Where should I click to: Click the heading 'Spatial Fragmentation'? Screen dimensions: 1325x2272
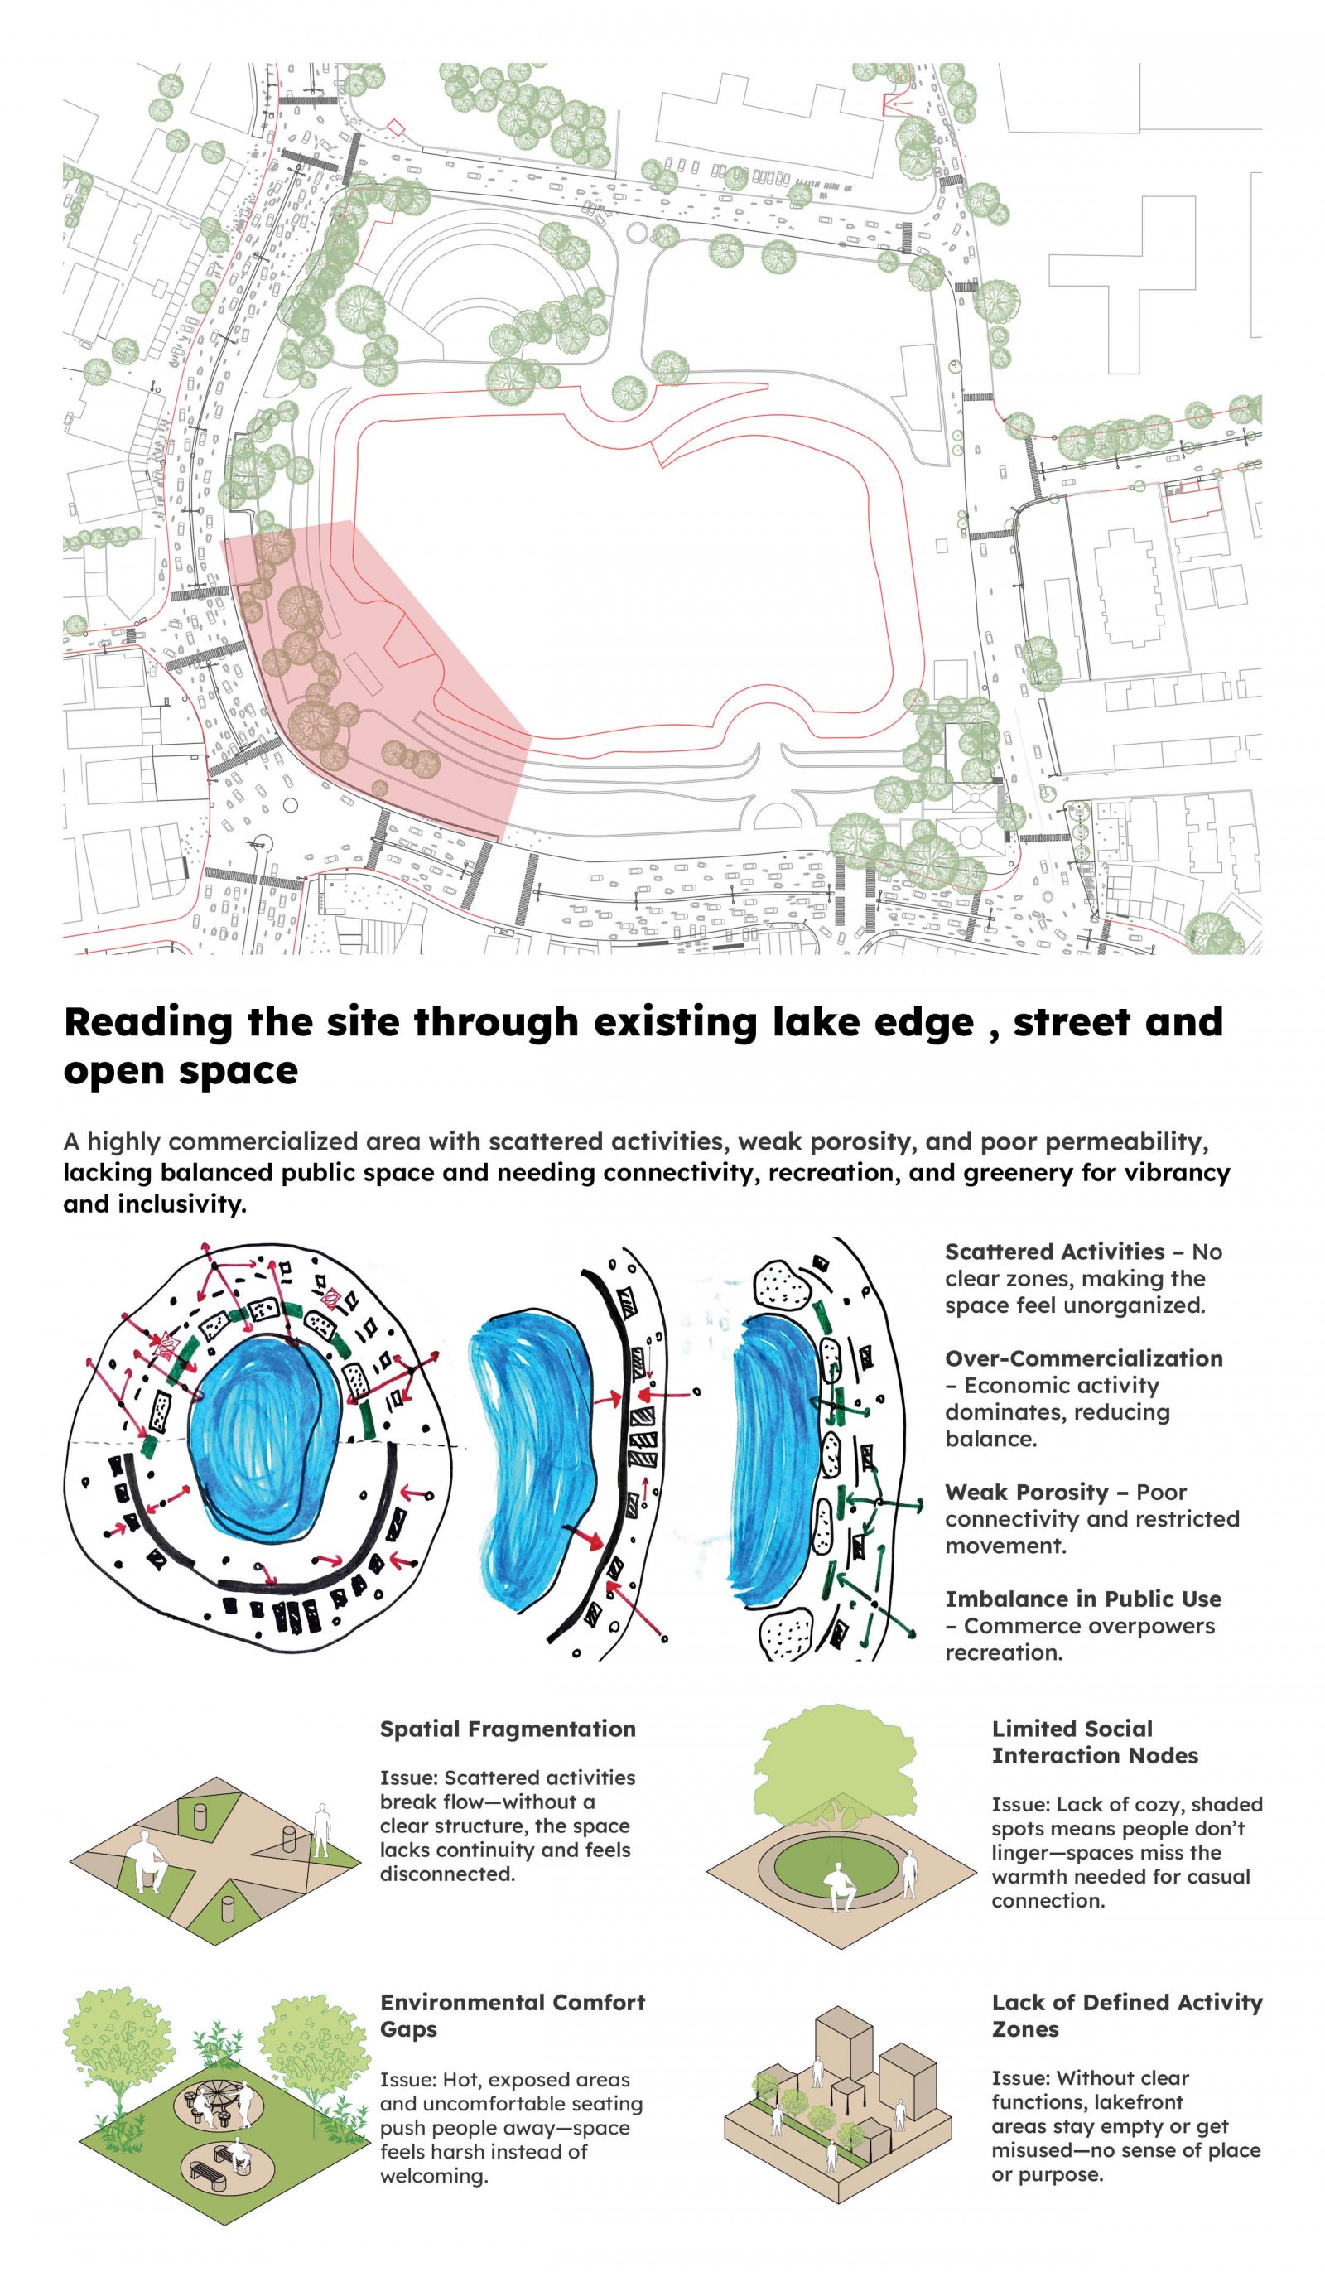(508, 1729)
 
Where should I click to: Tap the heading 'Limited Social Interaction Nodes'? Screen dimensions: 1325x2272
(1095, 1742)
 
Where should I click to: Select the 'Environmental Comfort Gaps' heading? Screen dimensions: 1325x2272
(513, 2015)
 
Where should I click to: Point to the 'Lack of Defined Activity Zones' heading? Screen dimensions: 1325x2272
(1127, 2015)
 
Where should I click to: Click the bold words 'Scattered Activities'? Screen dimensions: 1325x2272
(1054, 1252)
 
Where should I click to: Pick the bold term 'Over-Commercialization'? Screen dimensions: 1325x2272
(1083, 1358)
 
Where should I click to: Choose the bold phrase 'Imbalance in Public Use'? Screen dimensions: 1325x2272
(1083, 1599)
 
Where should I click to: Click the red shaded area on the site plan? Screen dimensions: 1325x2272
(378, 676)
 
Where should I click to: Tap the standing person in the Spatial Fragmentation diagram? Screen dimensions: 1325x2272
(320, 1831)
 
